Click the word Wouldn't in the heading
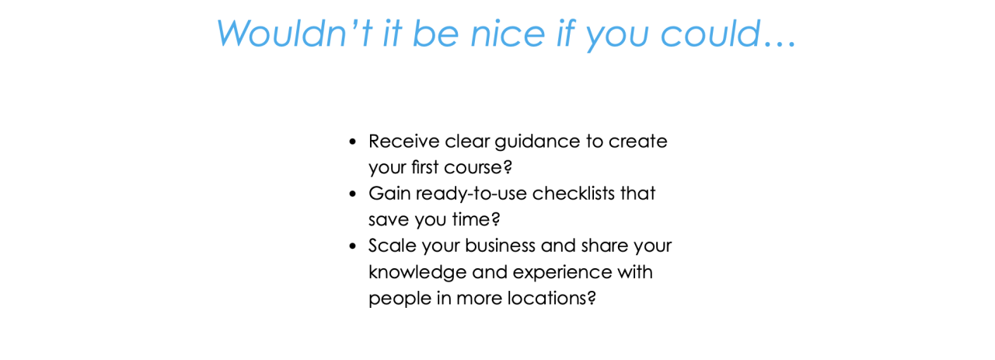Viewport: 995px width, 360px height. click(x=295, y=33)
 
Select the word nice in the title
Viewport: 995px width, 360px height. click(x=508, y=33)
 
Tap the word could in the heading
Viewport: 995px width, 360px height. click(x=710, y=33)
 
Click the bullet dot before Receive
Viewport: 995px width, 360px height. click(x=353, y=142)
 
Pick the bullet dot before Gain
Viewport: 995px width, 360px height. click(x=353, y=194)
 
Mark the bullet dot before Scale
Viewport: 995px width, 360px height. click(x=353, y=246)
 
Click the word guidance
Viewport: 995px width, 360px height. click(x=537, y=142)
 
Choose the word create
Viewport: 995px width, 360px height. click(x=638, y=142)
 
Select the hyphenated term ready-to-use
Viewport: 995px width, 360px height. click(x=471, y=194)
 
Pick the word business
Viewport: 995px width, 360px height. click(x=500, y=246)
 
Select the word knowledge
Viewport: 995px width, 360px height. click(x=417, y=273)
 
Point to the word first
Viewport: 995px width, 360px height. click(x=424, y=167)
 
